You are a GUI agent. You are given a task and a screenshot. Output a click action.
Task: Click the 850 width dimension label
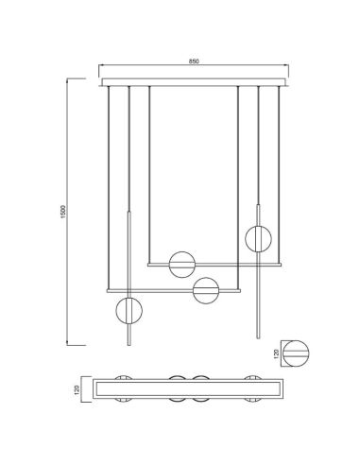[x=193, y=60]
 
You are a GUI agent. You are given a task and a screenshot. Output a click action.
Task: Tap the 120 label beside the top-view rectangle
[x=80, y=389]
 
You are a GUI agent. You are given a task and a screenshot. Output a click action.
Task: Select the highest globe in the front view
[x=257, y=236]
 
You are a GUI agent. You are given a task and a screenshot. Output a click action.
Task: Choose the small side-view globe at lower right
[x=298, y=352]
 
